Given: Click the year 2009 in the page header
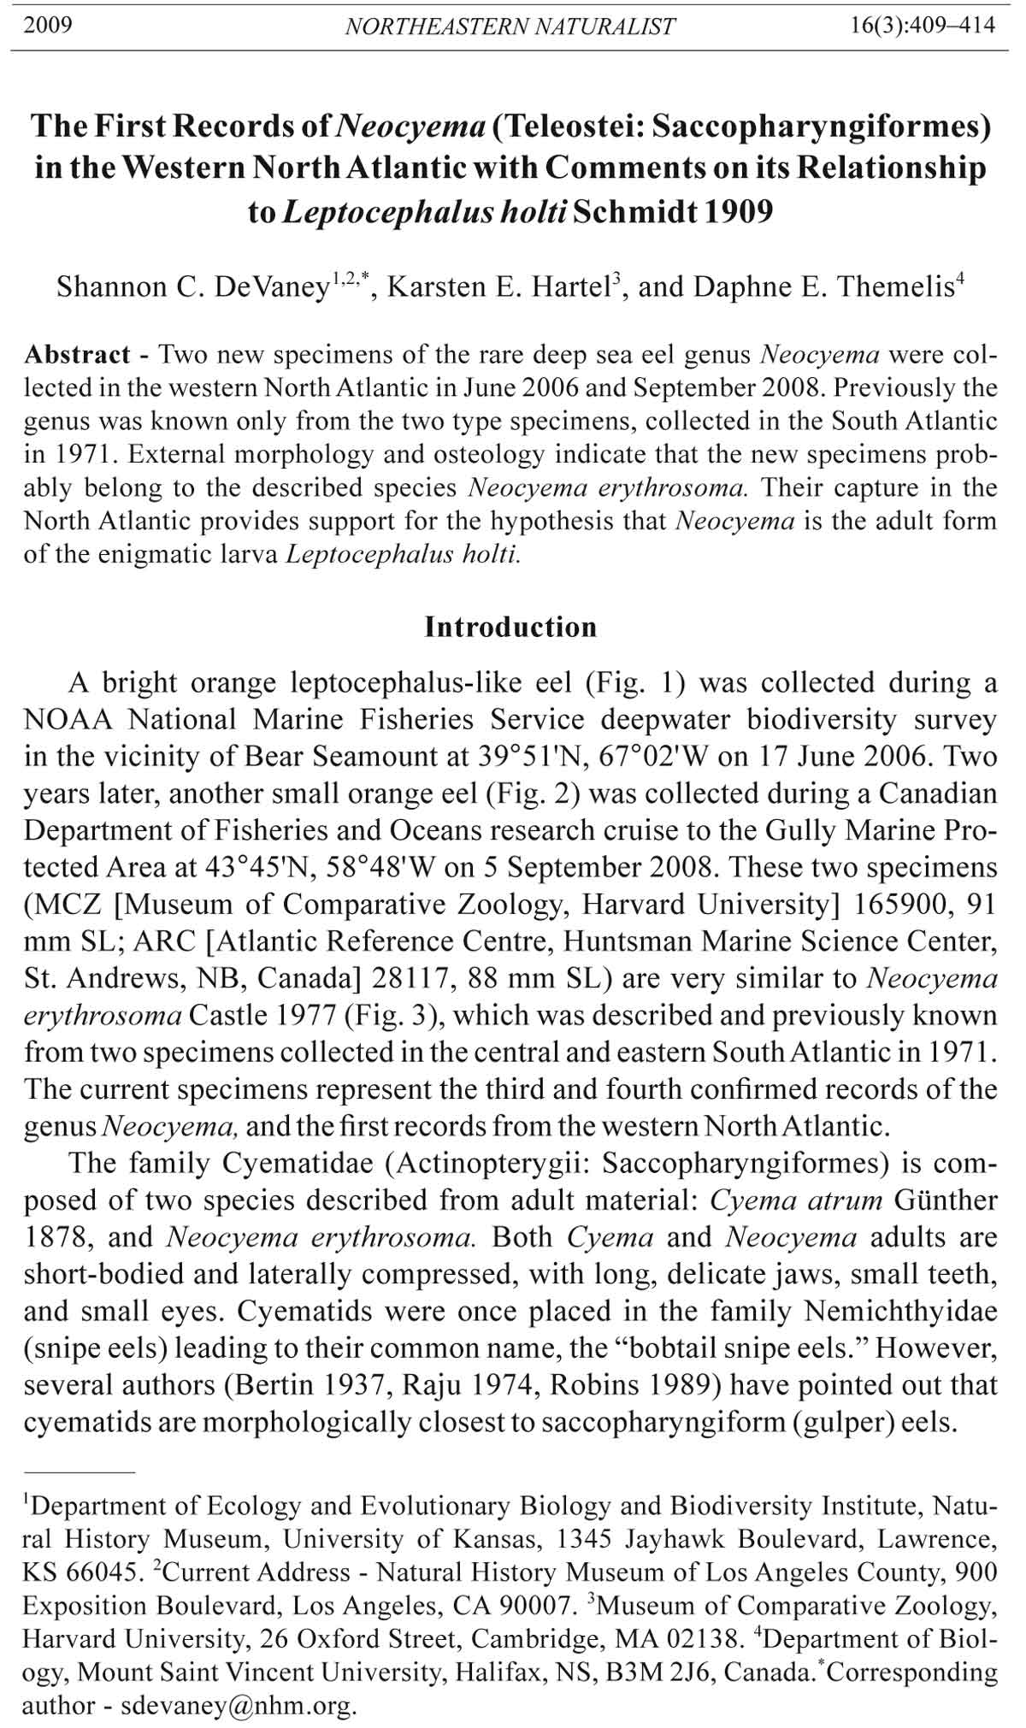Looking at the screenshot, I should pyautogui.click(x=48, y=25).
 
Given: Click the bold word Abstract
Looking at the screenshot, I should pyautogui.click(x=77, y=355).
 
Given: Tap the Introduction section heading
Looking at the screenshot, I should pyautogui.click(x=510, y=628).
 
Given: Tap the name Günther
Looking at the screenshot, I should pyautogui.click(x=946, y=1200).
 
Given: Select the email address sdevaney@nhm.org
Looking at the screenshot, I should pyautogui.click(x=237, y=1707).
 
